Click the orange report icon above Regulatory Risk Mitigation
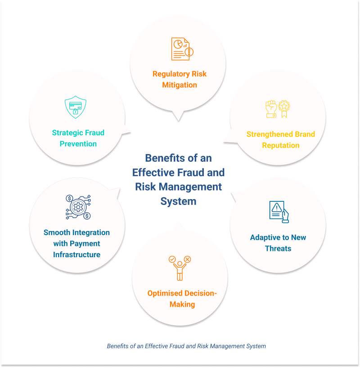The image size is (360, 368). click(x=182, y=49)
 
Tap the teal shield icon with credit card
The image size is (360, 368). click(x=76, y=107)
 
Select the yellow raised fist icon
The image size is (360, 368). click(x=271, y=109)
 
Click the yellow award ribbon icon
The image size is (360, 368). click(x=284, y=109)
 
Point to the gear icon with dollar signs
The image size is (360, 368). click(x=78, y=207)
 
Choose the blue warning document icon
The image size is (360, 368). click(x=279, y=212)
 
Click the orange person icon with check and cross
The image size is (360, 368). click(x=180, y=268)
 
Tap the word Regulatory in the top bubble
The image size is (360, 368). click(x=171, y=74)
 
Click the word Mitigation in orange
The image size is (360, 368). click(x=180, y=85)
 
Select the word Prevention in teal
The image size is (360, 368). click(x=78, y=144)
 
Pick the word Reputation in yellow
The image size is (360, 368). click(x=281, y=145)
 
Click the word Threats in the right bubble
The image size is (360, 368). click(x=278, y=249)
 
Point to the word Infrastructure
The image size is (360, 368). click(x=76, y=254)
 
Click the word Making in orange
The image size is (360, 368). click(x=182, y=304)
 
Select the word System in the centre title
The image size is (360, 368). click(x=178, y=201)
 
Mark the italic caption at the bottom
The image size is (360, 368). click(x=186, y=346)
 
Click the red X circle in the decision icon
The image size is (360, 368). click(x=187, y=259)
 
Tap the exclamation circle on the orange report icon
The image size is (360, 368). click(x=189, y=52)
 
